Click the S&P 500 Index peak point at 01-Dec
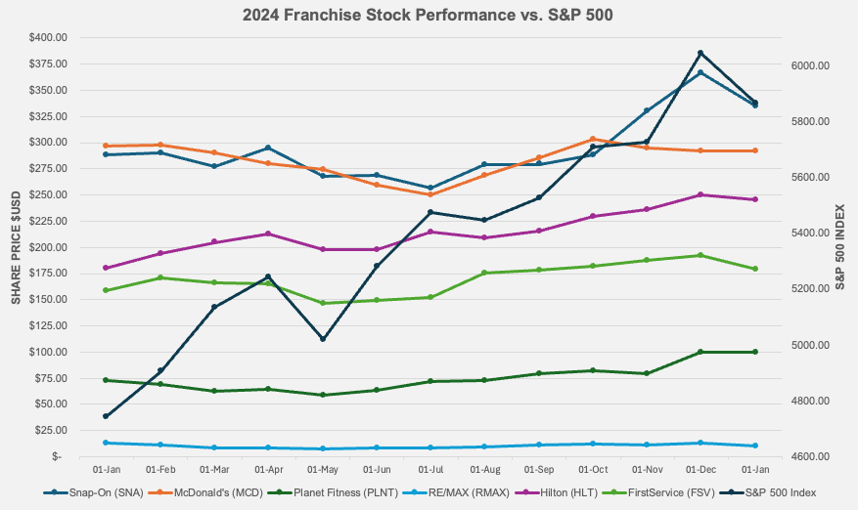(x=700, y=53)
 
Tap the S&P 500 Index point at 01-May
(x=323, y=339)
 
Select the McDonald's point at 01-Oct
(x=593, y=139)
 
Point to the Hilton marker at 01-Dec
(x=700, y=194)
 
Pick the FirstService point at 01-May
(x=323, y=303)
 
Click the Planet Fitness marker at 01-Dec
(x=700, y=352)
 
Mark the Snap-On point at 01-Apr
(x=268, y=148)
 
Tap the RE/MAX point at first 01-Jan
(x=106, y=443)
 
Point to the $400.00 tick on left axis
(x=48, y=38)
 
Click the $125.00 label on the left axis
(x=48, y=325)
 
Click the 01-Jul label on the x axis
(x=430, y=470)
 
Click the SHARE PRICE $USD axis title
(x=16, y=246)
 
